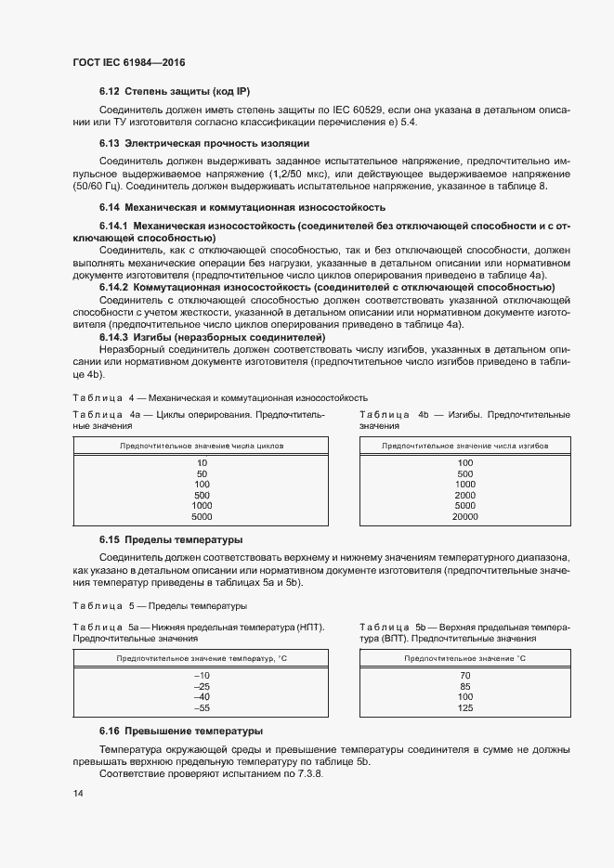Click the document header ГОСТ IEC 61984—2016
point(129,61)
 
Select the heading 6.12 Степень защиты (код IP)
point(175,91)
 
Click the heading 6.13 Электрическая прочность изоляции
point(203,143)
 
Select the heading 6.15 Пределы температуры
point(158,539)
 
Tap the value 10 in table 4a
point(202,462)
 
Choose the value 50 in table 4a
point(202,473)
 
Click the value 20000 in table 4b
point(465,516)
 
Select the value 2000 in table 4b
point(465,495)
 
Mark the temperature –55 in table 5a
point(202,708)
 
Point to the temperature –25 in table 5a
point(202,686)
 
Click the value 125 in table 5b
point(465,708)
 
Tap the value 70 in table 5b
point(465,675)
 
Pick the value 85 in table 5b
point(465,686)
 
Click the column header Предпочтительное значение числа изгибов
point(465,446)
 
